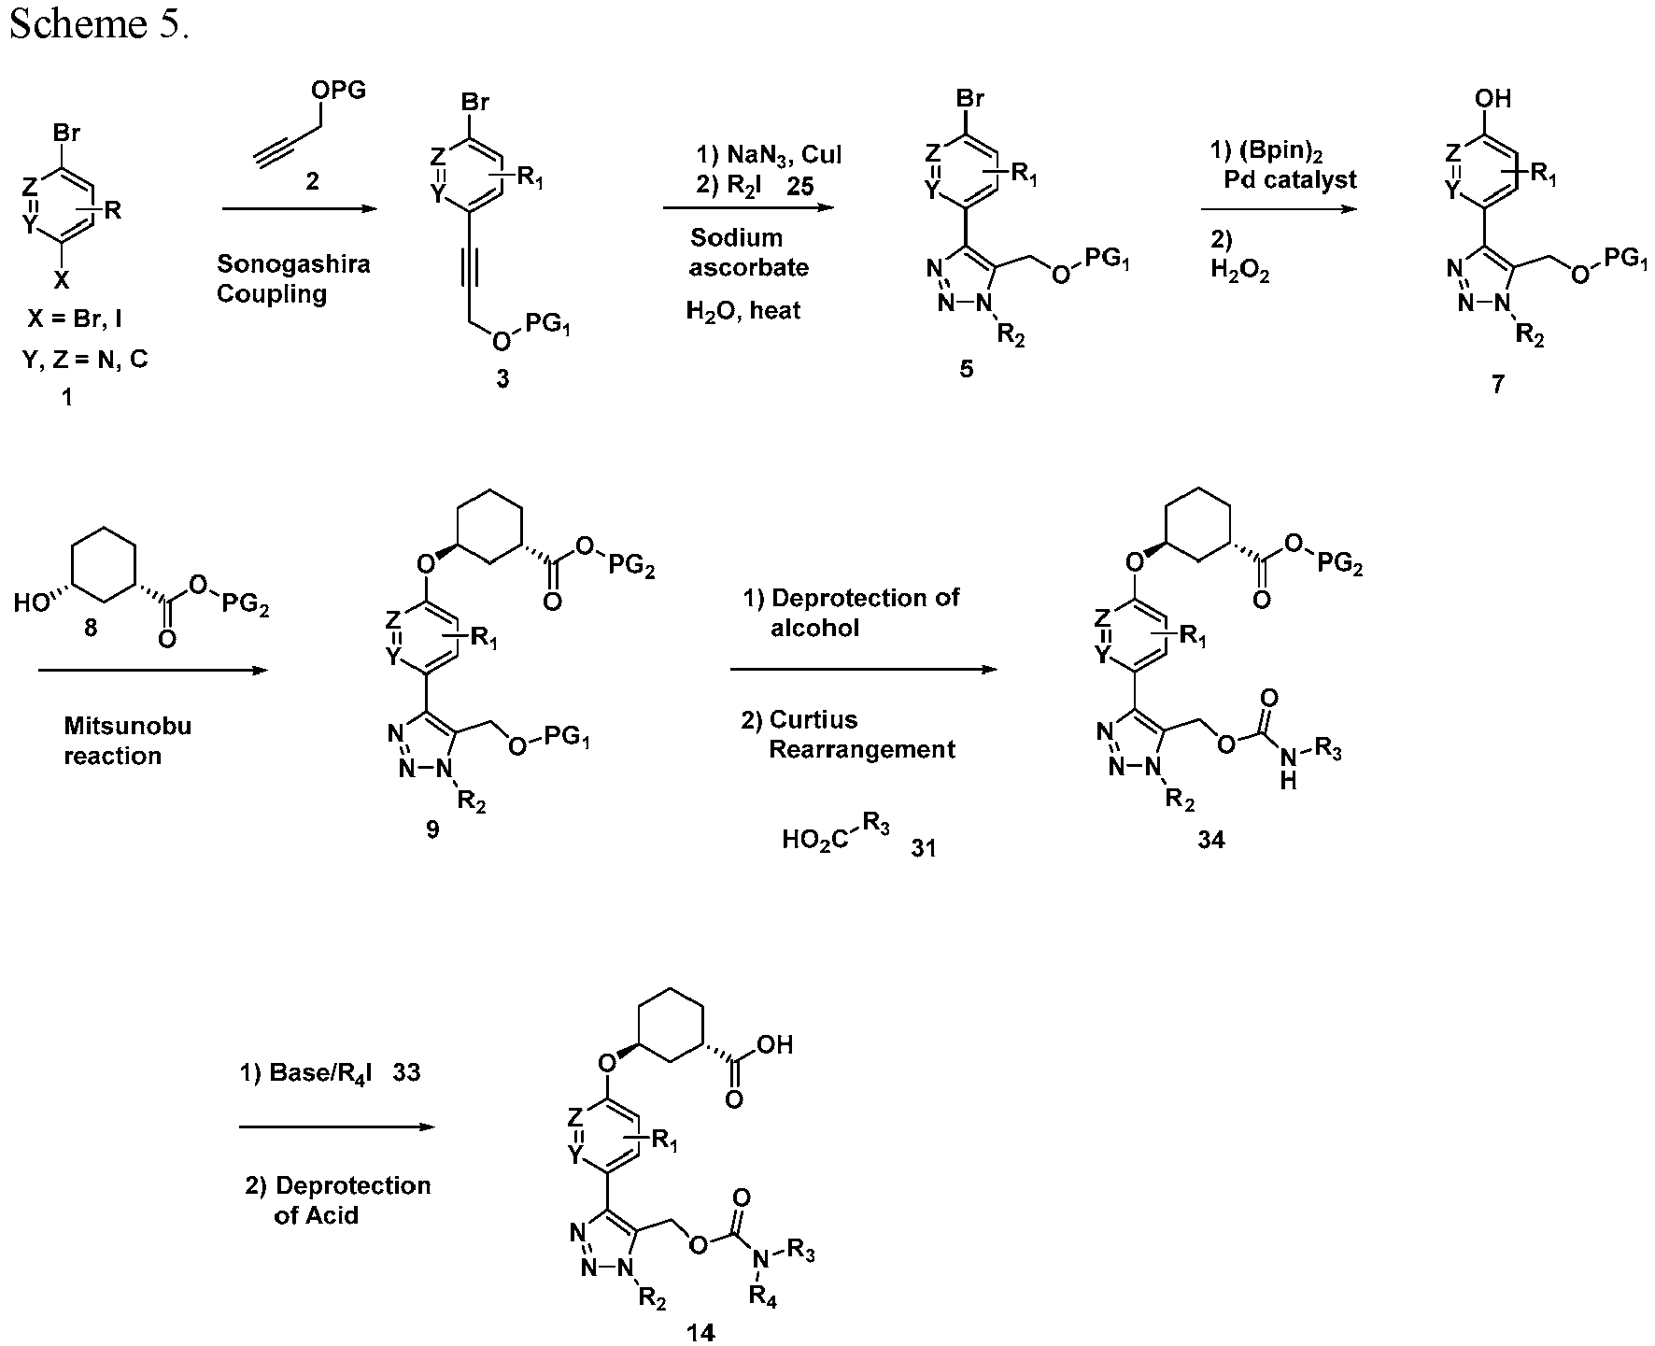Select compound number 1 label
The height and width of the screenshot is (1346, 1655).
[x=65, y=398]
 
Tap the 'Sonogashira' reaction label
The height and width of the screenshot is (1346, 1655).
[x=293, y=263]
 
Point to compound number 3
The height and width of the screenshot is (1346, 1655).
[x=502, y=379]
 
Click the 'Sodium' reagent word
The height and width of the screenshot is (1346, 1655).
[x=736, y=237]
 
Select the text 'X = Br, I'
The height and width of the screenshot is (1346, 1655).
[x=75, y=319]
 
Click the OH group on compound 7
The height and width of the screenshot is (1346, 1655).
[x=1492, y=98]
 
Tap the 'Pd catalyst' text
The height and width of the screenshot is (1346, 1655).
[x=1290, y=179]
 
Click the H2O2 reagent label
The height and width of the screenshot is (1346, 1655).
[x=1239, y=271]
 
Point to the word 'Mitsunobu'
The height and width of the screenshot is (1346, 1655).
[x=127, y=726]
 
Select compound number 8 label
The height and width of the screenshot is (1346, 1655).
[x=91, y=628]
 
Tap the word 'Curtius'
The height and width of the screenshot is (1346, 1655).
[x=813, y=719]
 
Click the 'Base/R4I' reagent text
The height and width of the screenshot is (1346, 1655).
[x=320, y=1073]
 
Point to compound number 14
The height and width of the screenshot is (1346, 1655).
[x=700, y=1332]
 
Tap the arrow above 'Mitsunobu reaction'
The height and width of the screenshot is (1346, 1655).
[x=154, y=670]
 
